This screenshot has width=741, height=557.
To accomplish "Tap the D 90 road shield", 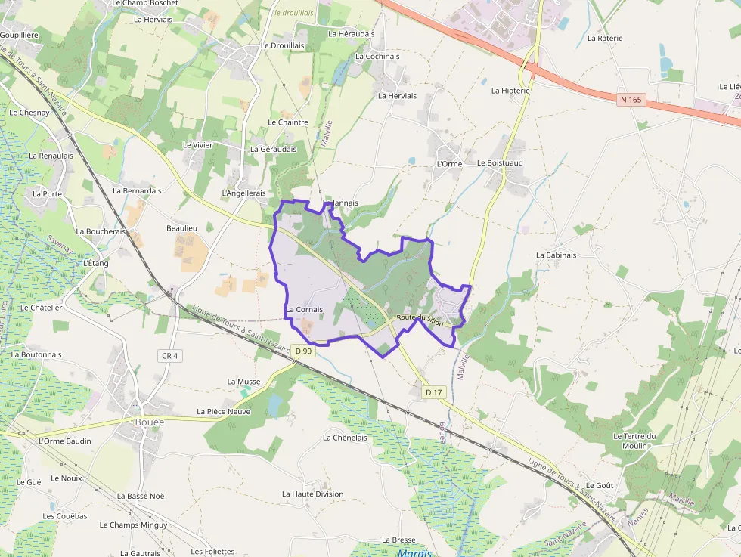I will tap(303, 351).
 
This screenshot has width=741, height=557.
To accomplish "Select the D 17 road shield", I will tap(433, 391).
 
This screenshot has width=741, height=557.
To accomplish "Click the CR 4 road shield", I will tap(169, 355).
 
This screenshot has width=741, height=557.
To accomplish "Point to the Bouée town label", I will tap(149, 422).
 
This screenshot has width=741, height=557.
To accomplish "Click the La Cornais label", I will tap(304, 309).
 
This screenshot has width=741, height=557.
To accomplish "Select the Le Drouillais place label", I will tap(282, 45).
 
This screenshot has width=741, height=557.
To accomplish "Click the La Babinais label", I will tap(556, 255).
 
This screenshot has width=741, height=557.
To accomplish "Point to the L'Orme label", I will tap(449, 163).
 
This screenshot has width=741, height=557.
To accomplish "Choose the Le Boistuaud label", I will tap(500, 162).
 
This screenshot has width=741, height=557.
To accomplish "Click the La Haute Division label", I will tap(312, 494).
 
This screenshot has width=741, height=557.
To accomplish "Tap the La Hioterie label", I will tap(510, 91).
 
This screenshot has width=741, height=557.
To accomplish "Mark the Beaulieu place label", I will tap(181, 227).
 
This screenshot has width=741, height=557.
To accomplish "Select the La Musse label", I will tap(243, 382).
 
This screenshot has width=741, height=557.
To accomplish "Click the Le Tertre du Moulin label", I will tap(634, 441).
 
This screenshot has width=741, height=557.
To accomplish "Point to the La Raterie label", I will tap(605, 38).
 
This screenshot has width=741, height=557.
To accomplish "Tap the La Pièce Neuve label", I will tap(223, 411).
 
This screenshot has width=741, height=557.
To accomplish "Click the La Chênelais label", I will tap(345, 437).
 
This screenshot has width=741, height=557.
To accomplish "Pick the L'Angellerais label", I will tap(243, 193).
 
